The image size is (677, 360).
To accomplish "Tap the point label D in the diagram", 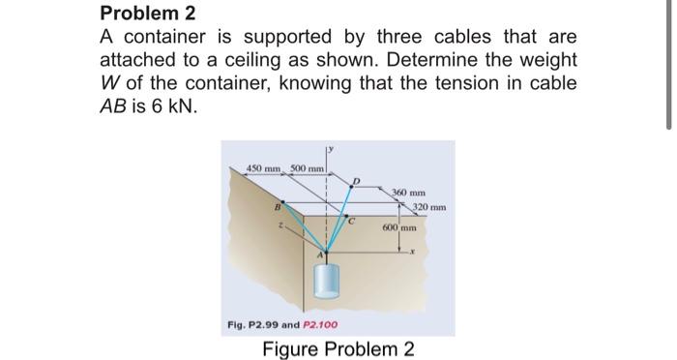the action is point(357,181).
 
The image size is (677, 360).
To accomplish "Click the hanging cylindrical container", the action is point(327,284).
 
